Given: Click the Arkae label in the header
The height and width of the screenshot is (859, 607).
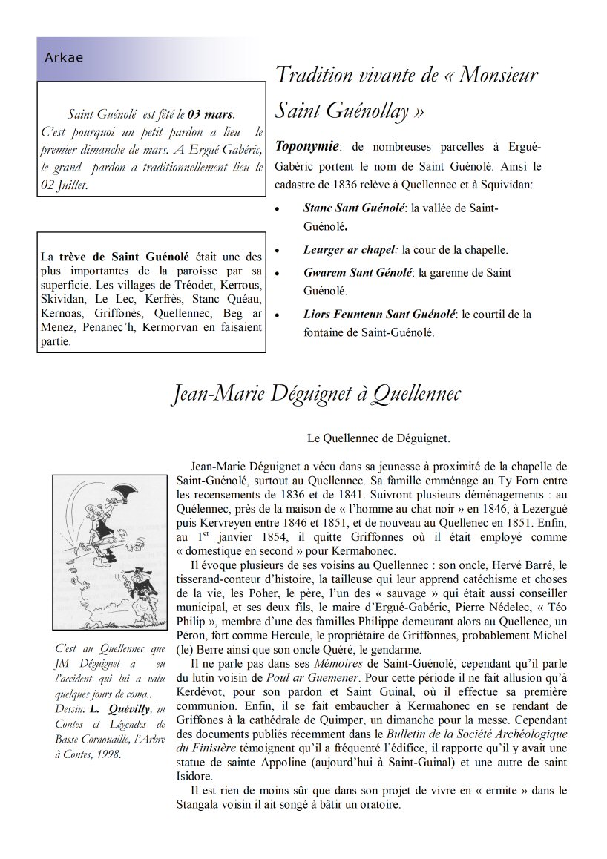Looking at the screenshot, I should (64, 58).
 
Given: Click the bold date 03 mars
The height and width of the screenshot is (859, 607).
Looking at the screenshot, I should (211, 114).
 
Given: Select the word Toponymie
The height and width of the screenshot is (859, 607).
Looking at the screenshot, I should (307, 145).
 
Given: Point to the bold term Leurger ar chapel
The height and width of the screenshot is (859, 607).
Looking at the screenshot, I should (351, 250).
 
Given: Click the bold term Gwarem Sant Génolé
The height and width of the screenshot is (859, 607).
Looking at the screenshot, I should (358, 273).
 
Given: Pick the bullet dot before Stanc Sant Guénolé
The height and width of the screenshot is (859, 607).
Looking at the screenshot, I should (278, 210).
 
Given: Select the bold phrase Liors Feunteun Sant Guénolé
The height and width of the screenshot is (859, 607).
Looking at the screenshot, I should (379, 315).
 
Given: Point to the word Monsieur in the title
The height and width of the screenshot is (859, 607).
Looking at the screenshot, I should (499, 75).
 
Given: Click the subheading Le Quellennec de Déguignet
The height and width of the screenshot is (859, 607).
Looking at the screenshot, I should (378, 438).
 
